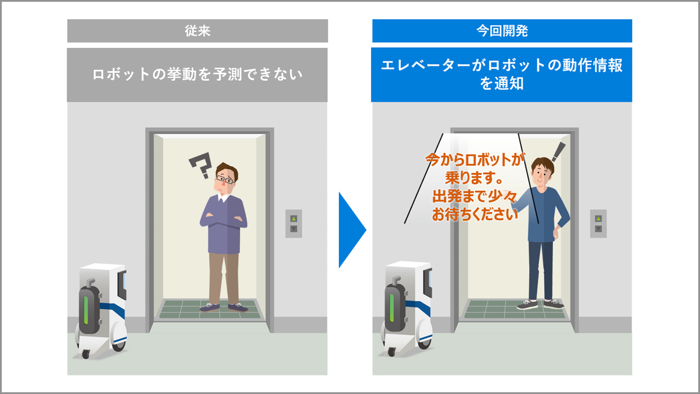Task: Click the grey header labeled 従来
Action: (198, 30)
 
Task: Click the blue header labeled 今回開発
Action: (502, 30)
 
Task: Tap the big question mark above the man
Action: (201, 165)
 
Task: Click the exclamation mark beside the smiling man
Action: (559, 152)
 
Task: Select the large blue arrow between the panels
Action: (352, 230)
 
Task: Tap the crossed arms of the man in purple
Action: (223, 219)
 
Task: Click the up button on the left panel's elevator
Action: (293, 218)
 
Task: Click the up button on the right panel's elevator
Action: (598, 218)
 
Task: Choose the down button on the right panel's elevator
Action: (598, 229)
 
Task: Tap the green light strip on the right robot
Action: (391, 308)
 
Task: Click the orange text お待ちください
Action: (475, 215)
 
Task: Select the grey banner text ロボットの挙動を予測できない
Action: (198, 75)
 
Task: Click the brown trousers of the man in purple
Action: (224, 278)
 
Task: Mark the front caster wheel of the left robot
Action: (85, 354)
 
